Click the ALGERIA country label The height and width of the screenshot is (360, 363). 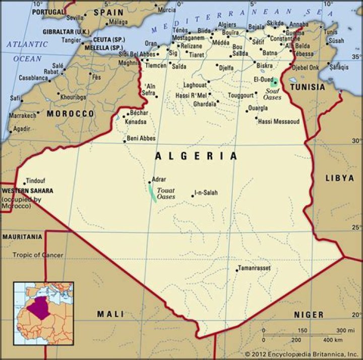pyautogui.click(x=196, y=156)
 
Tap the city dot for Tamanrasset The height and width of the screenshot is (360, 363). pyautogui.click(x=237, y=270)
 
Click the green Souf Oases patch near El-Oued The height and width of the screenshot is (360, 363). pyautogui.click(x=275, y=81)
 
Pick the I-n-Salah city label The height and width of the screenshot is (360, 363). pyautogui.click(x=207, y=193)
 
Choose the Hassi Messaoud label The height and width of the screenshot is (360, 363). pyautogui.click(x=278, y=122)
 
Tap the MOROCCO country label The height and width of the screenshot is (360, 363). pyautogui.click(x=70, y=114)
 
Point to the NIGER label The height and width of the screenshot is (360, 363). pyautogui.click(x=309, y=315)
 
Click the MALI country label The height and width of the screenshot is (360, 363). pyautogui.click(x=110, y=314)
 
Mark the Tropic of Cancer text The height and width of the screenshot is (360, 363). pyautogui.click(x=38, y=255)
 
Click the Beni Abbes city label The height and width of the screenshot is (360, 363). pyautogui.click(x=141, y=138)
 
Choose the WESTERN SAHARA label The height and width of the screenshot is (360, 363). pyautogui.click(x=27, y=191)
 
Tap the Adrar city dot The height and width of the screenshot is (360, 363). pyautogui.click(x=149, y=183)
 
